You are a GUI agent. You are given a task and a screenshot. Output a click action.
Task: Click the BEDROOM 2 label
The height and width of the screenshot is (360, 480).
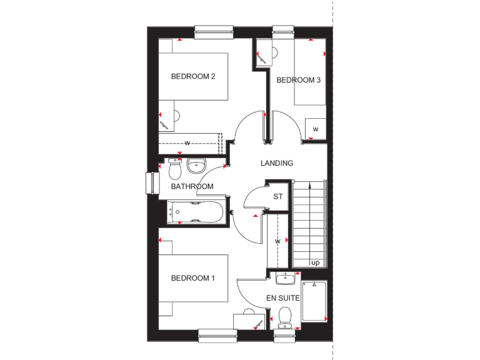point(193,77)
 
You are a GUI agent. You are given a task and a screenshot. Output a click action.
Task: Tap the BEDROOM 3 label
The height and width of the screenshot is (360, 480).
point(298,80)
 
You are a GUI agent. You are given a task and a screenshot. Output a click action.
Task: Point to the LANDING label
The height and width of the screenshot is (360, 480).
point(277,163)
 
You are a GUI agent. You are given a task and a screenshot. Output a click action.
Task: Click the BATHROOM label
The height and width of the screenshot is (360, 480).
point(192,186)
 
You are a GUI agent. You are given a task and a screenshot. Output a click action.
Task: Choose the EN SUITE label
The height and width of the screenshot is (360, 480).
point(283,297)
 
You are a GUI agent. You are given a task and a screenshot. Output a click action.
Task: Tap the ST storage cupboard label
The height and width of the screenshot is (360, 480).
point(278,197)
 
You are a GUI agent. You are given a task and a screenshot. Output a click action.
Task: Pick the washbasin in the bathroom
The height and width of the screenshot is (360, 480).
point(196,166)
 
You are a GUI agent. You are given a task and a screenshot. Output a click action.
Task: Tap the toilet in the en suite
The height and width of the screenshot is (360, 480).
point(285,317)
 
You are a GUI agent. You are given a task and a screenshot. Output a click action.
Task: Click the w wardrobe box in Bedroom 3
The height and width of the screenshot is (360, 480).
point(316,129)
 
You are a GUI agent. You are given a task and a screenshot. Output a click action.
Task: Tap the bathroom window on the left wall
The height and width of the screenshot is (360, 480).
point(149,184)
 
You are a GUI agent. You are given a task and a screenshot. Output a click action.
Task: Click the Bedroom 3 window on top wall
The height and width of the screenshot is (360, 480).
point(283,29)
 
